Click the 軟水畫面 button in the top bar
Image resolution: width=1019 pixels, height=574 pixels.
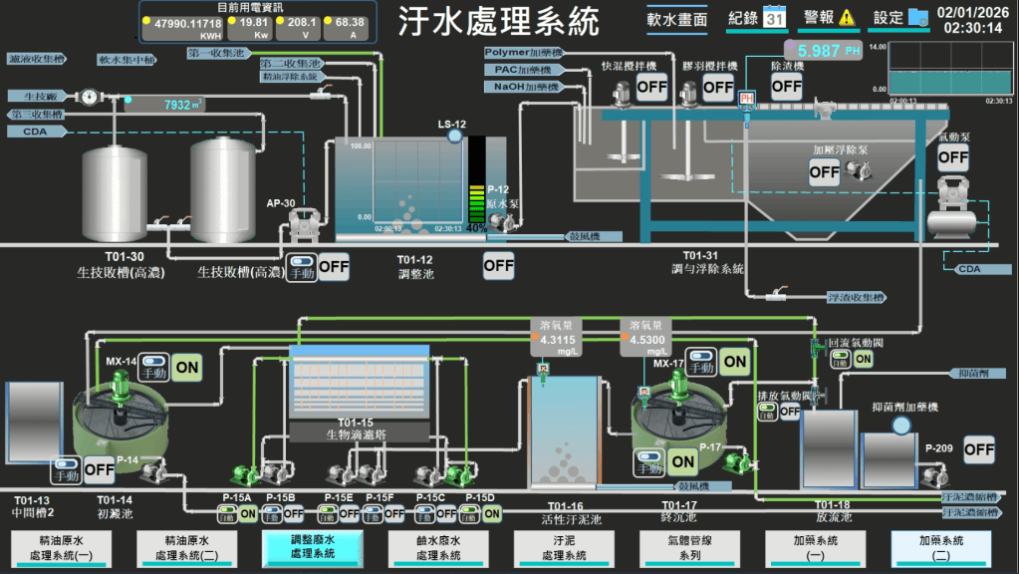(677, 19)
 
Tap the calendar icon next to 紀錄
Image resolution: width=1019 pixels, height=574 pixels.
(775, 17)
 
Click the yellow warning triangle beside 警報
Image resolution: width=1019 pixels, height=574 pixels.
(847, 17)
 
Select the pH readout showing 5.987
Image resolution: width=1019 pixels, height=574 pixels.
(823, 50)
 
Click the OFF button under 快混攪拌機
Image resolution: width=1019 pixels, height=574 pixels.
(651, 87)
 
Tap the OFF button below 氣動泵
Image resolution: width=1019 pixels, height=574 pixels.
(953, 156)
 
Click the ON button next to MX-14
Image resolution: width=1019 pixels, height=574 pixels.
(186, 367)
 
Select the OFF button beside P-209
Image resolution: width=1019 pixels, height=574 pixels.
(979, 449)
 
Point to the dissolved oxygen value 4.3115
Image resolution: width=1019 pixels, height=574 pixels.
(558, 340)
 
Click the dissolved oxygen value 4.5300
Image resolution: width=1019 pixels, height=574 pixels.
(647, 340)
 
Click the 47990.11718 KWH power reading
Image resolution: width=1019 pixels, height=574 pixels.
(188, 21)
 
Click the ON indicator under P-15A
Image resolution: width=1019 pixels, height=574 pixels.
(248, 514)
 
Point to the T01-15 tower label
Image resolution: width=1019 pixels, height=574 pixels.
(356, 423)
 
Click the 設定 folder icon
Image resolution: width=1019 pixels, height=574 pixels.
(917, 17)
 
